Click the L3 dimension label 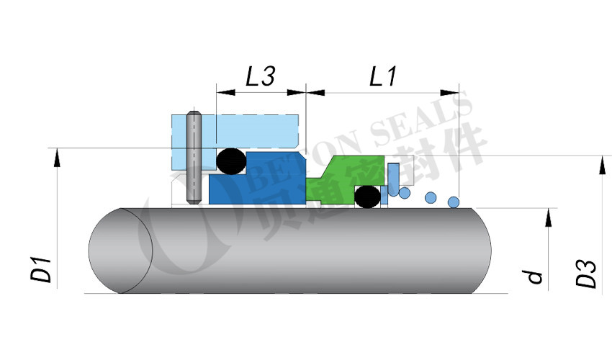tap(261, 76)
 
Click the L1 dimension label tap(383, 76)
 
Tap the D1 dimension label tap(41, 269)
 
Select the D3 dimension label tap(586, 274)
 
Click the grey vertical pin tap(194, 158)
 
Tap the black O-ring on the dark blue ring tap(231, 161)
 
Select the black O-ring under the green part tap(367, 197)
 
